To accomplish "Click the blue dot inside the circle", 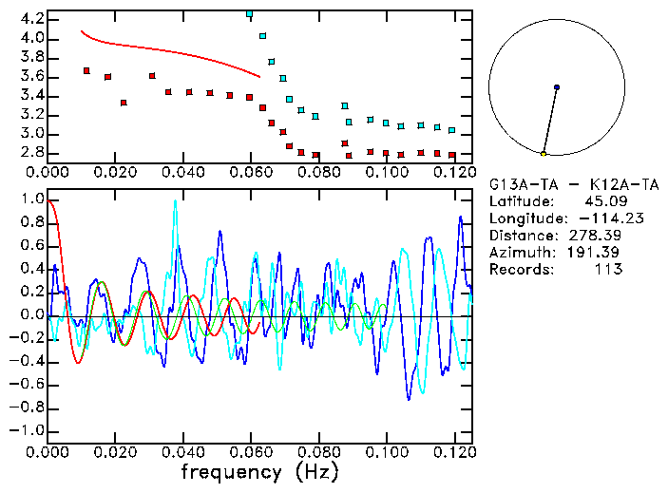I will tap(557, 87).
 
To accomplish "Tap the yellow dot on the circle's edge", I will tap(544, 154).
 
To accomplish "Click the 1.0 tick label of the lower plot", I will tap(30, 200).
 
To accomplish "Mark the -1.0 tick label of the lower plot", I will tap(28, 430).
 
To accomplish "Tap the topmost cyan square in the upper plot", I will tap(250, 14).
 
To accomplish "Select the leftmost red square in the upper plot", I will tap(86, 70).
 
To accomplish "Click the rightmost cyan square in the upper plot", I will tap(452, 130).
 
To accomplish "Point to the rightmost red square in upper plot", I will tap(452, 155).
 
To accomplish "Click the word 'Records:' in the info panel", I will tap(521, 270).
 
